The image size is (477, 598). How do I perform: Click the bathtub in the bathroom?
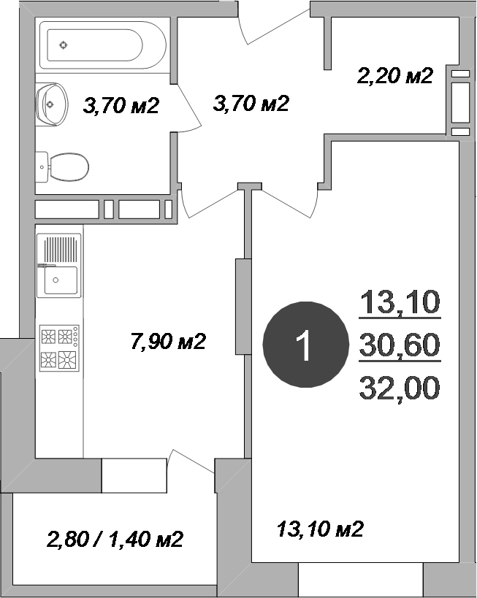coord(102,45)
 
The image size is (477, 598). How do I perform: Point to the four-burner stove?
coord(59,348)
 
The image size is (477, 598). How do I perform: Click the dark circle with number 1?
coord(304,345)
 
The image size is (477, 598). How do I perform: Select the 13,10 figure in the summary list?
coord(400,302)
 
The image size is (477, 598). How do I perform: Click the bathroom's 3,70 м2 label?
coord(121,106)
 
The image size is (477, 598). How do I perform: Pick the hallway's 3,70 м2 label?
coord(251,104)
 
